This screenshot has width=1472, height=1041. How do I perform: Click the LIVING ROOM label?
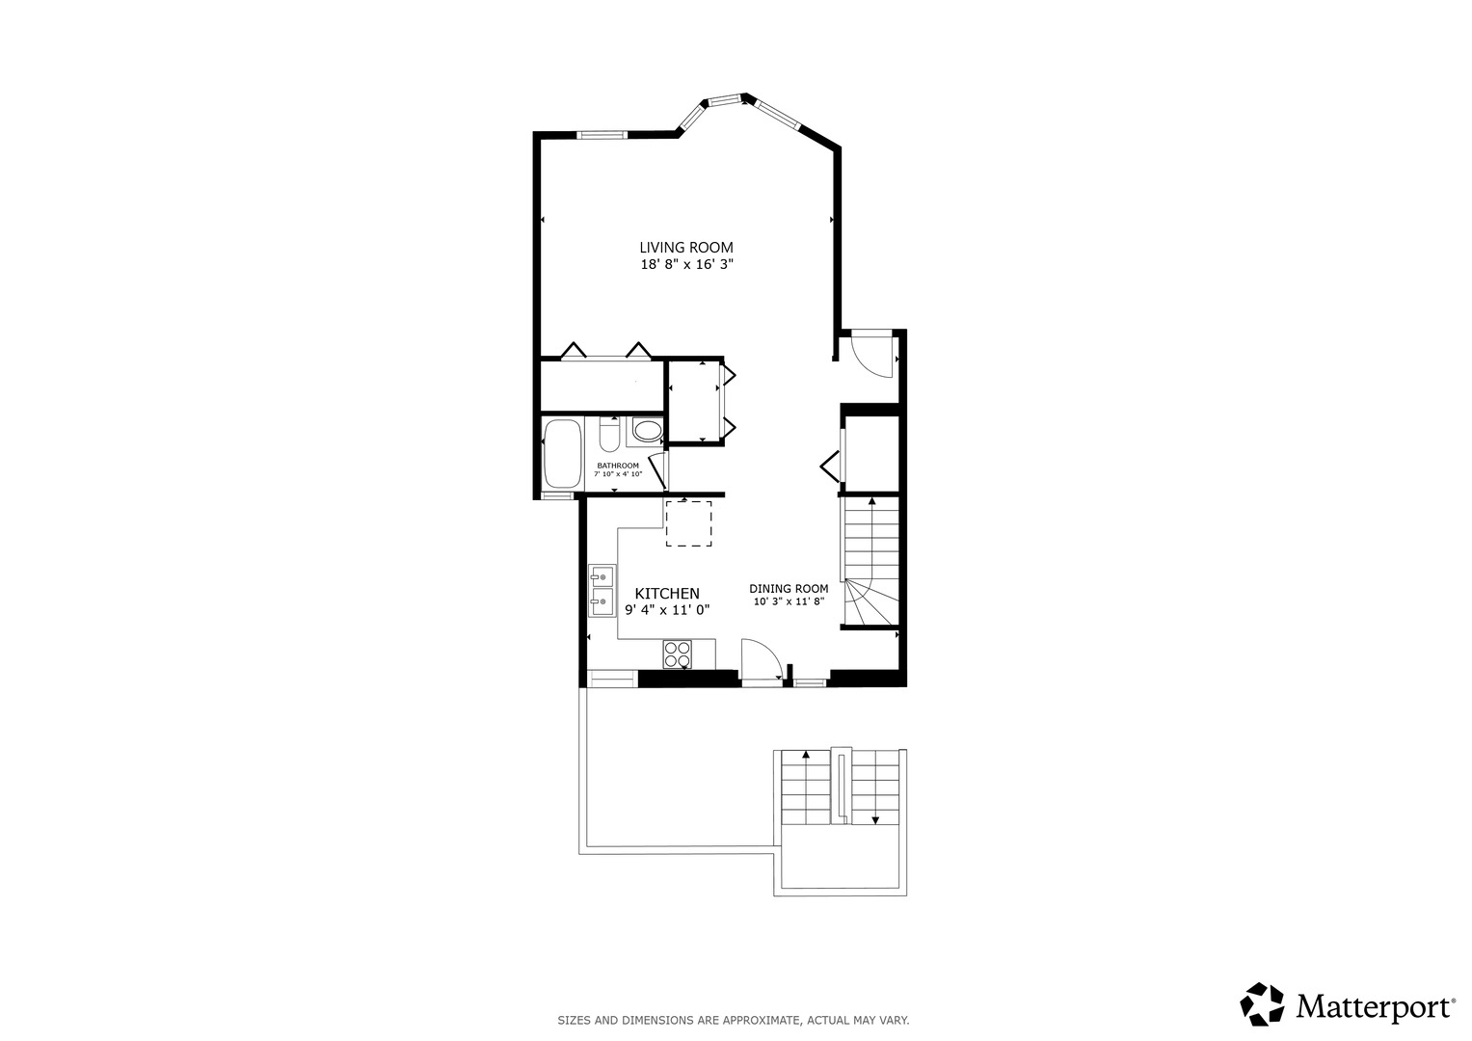[686, 248]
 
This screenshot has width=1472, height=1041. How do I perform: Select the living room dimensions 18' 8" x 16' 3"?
[686, 265]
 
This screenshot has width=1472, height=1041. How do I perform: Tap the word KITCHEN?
[667, 594]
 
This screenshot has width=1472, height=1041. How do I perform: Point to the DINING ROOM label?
[789, 589]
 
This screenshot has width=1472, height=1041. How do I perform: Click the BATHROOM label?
[617, 466]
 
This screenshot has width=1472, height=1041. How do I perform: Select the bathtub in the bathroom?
[562, 454]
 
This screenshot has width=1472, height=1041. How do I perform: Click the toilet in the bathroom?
[608, 436]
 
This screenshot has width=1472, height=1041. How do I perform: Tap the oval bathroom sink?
[647, 431]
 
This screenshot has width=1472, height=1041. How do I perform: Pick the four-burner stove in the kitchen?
[678, 654]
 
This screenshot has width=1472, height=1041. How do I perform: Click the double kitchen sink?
[602, 590]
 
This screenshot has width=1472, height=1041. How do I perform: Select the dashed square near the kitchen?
[688, 523]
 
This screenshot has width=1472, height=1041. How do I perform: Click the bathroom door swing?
[658, 472]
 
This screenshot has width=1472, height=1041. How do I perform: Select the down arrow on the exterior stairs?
[875, 820]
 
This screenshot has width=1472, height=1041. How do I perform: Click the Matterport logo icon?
[1262, 1004]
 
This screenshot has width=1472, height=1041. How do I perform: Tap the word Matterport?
[1374, 1007]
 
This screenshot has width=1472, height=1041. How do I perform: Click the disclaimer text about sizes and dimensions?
[734, 1020]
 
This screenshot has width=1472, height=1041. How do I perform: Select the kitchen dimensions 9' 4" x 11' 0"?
[667, 610]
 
